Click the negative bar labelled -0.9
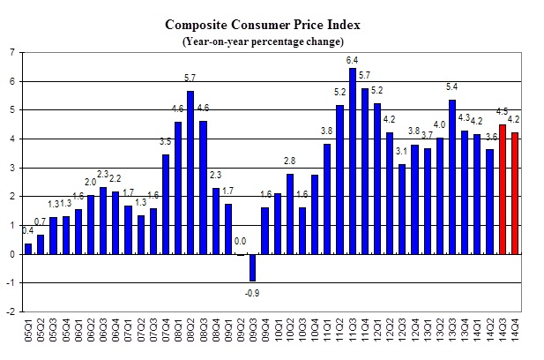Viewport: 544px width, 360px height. pyautogui.click(x=251, y=267)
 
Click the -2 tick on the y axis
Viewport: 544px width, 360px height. pyautogui.click(x=10, y=311)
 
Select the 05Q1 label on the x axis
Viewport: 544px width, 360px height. pyautogui.click(x=28, y=334)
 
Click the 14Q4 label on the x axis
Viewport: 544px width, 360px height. pyautogui.click(x=516, y=334)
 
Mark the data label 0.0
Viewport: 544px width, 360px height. pyautogui.click(x=239, y=240)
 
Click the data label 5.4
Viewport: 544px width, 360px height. pyautogui.click(x=452, y=87)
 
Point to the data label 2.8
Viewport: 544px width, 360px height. pyautogui.click(x=289, y=161)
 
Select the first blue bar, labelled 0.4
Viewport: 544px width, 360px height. pyautogui.click(x=28, y=249)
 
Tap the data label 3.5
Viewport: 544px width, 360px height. pyautogui.click(x=165, y=142)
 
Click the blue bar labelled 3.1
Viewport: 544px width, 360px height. pyautogui.click(x=402, y=209)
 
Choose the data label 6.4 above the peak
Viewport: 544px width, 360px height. pyautogui.click(x=353, y=59)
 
